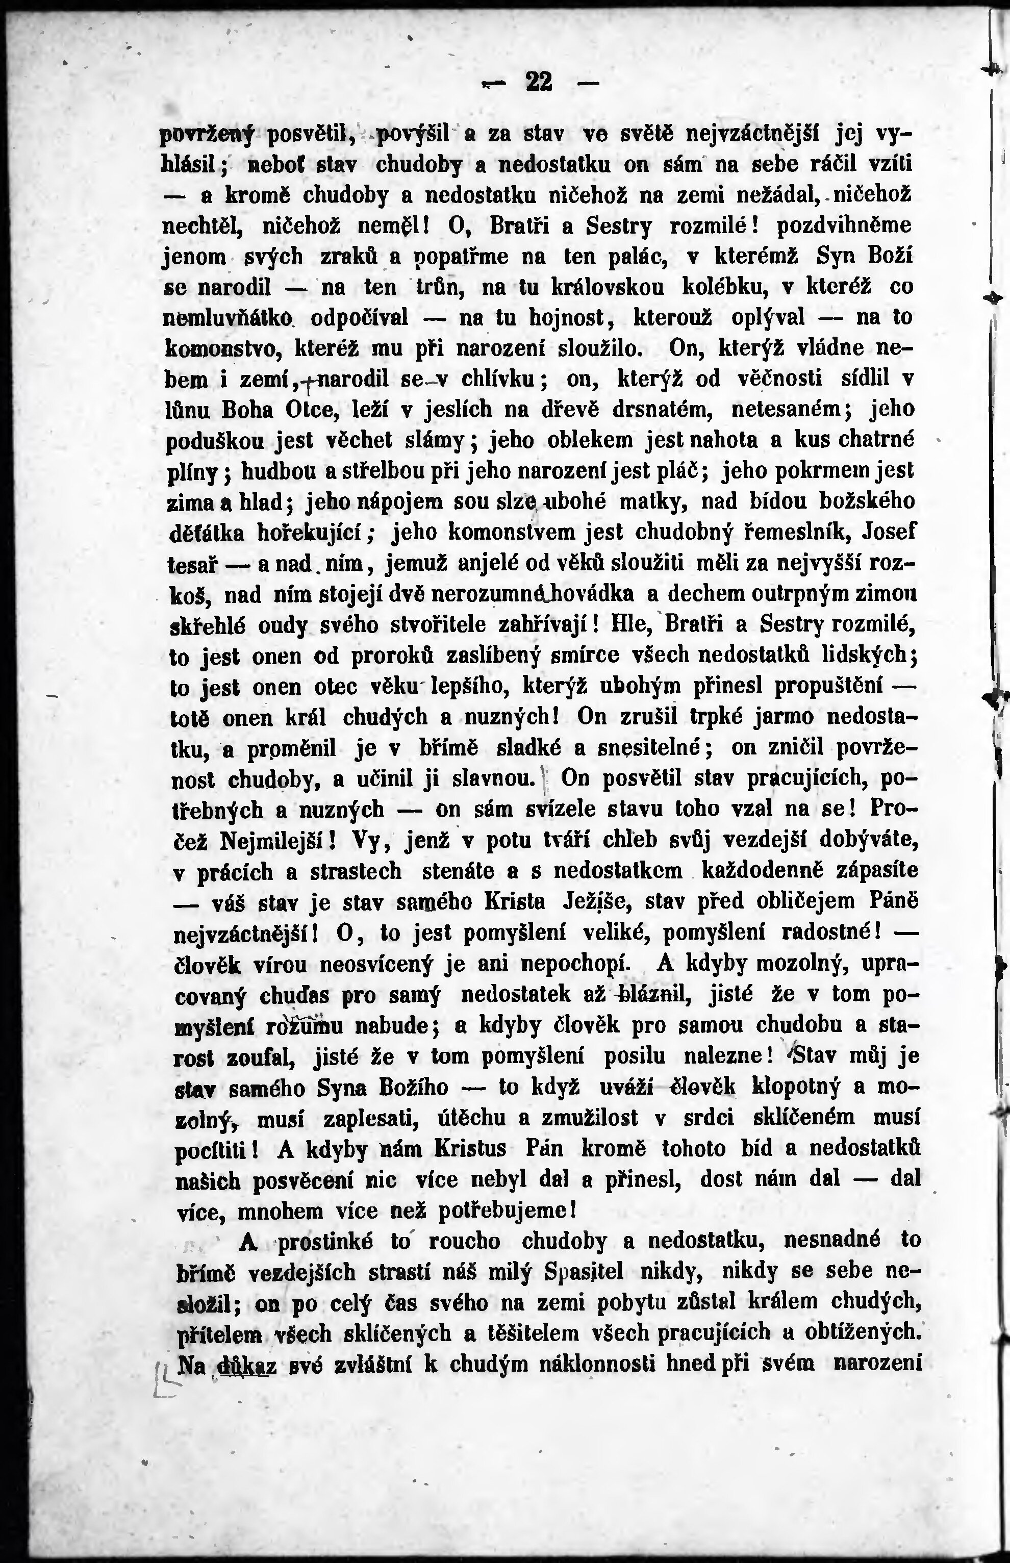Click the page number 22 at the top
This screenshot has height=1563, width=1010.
(x=539, y=82)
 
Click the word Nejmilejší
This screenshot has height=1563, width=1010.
(x=277, y=840)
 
